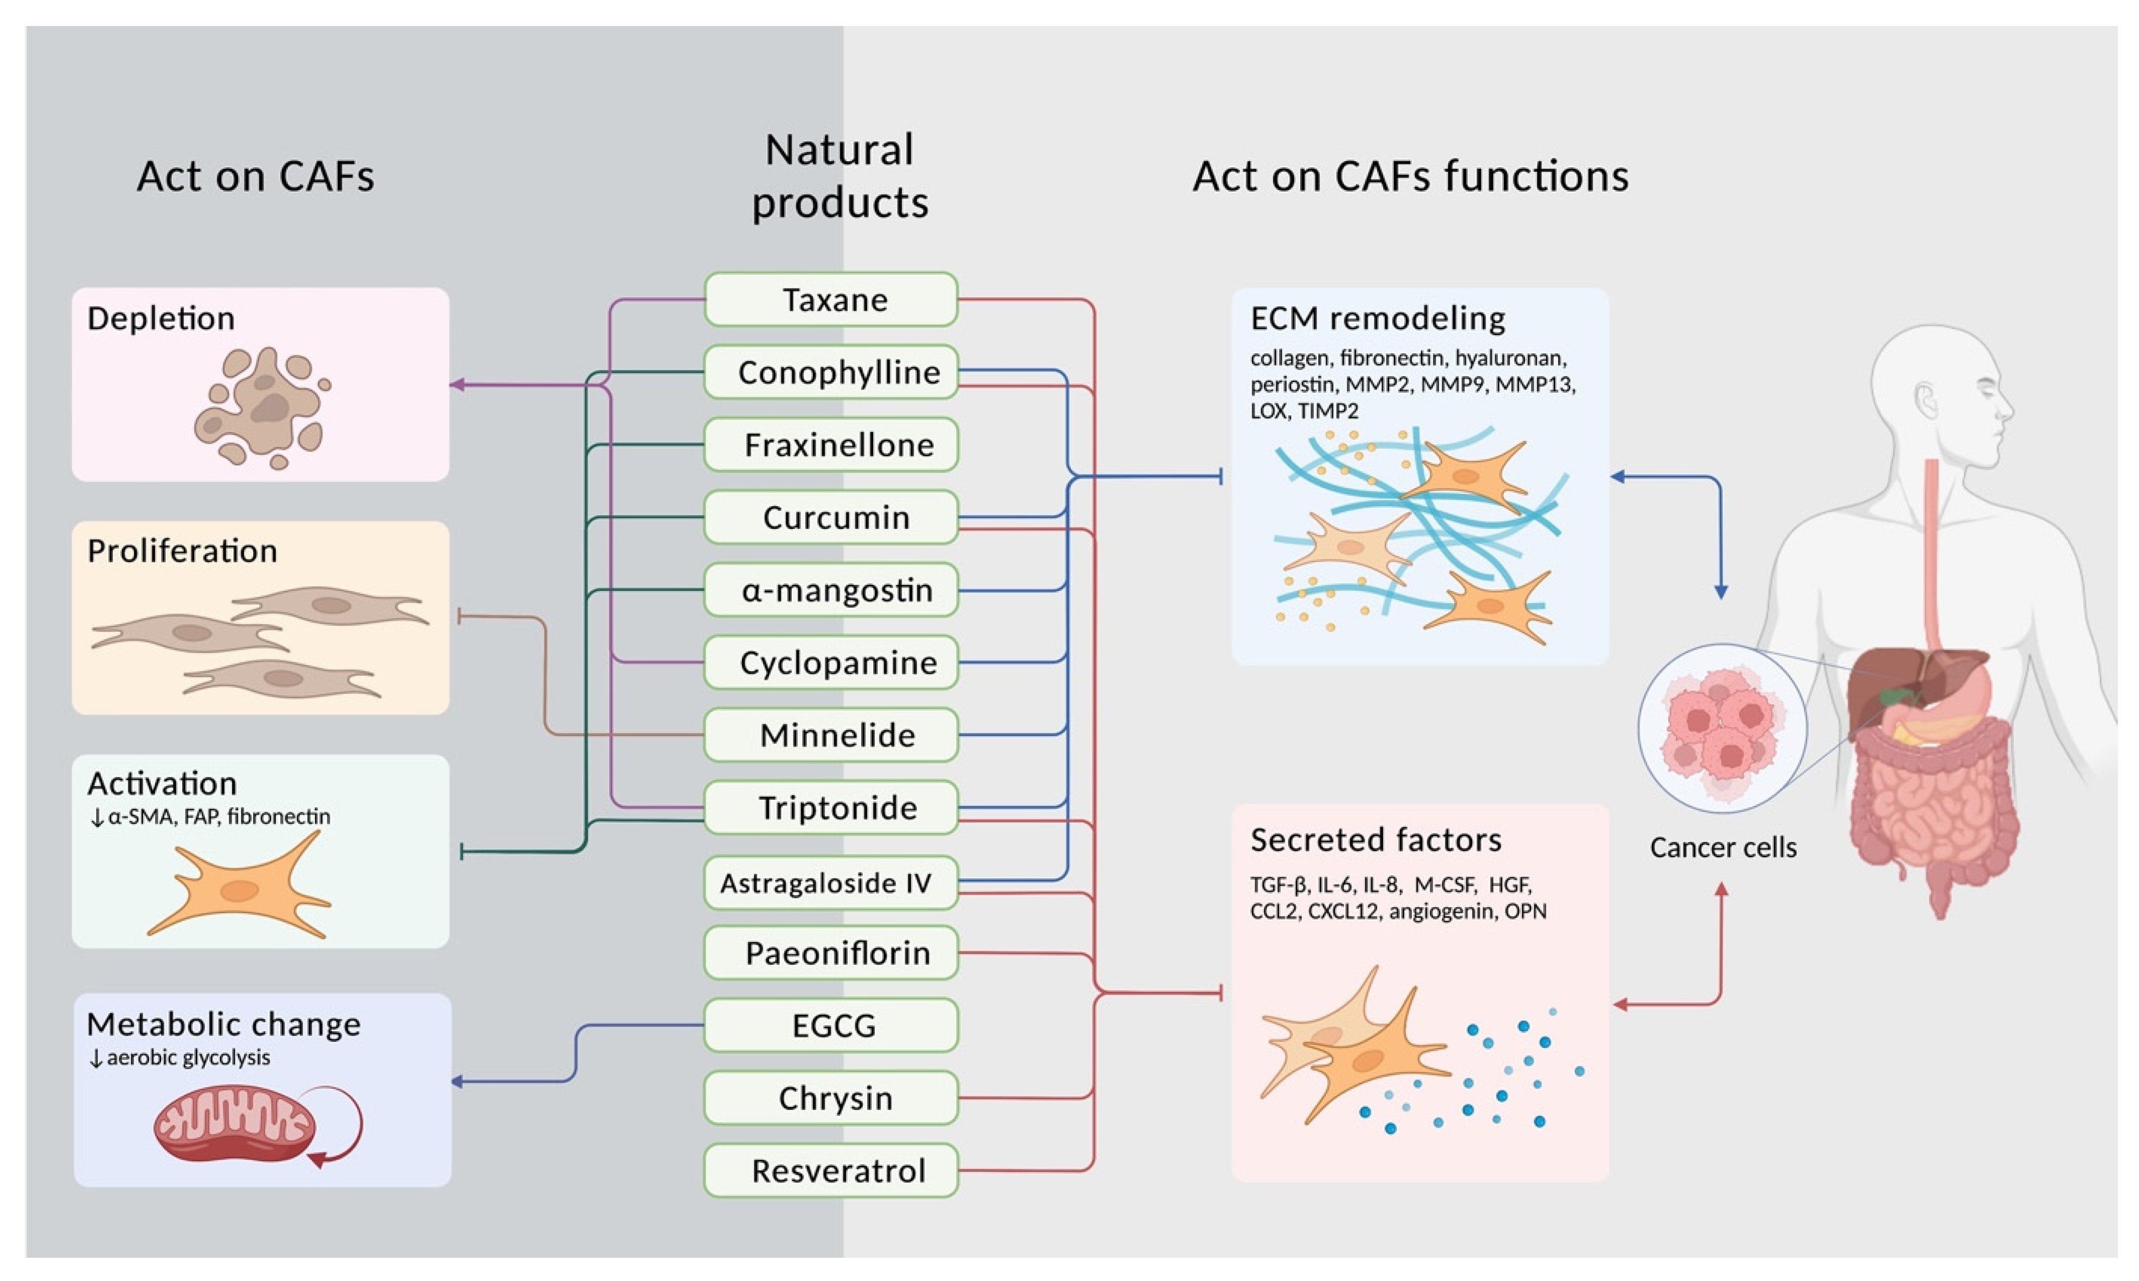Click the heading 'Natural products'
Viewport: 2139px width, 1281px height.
[839, 176]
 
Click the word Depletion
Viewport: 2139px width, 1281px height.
[161, 318]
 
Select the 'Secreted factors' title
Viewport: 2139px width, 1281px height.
[1375, 839]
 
